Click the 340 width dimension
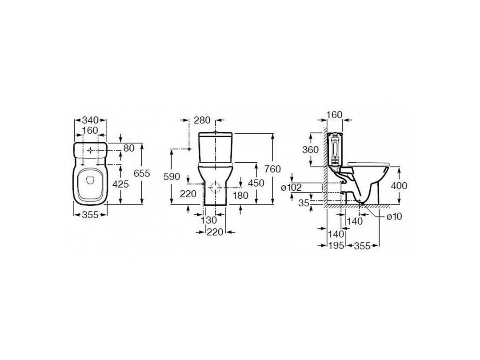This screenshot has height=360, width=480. (x=90, y=120)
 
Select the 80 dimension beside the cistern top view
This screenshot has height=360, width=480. (x=129, y=148)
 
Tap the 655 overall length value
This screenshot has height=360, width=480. (x=142, y=173)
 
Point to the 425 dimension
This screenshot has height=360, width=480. (x=120, y=184)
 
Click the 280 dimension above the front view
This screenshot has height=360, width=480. (x=202, y=120)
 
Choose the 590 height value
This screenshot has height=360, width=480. (x=172, y=176)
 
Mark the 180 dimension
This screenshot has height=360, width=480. (x=240, y=195)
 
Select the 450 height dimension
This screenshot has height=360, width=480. (x=256, y=183)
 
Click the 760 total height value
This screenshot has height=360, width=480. (x=272, y=169)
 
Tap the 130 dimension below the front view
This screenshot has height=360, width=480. (x=209, y=220)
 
